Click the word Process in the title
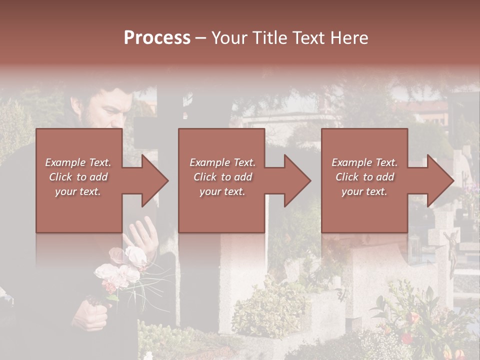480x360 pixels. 157,37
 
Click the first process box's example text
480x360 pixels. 78,177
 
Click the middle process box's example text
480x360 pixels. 222,177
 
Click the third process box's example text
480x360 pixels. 364,177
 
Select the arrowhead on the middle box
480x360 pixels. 296,180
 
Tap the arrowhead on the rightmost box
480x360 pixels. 439,180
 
